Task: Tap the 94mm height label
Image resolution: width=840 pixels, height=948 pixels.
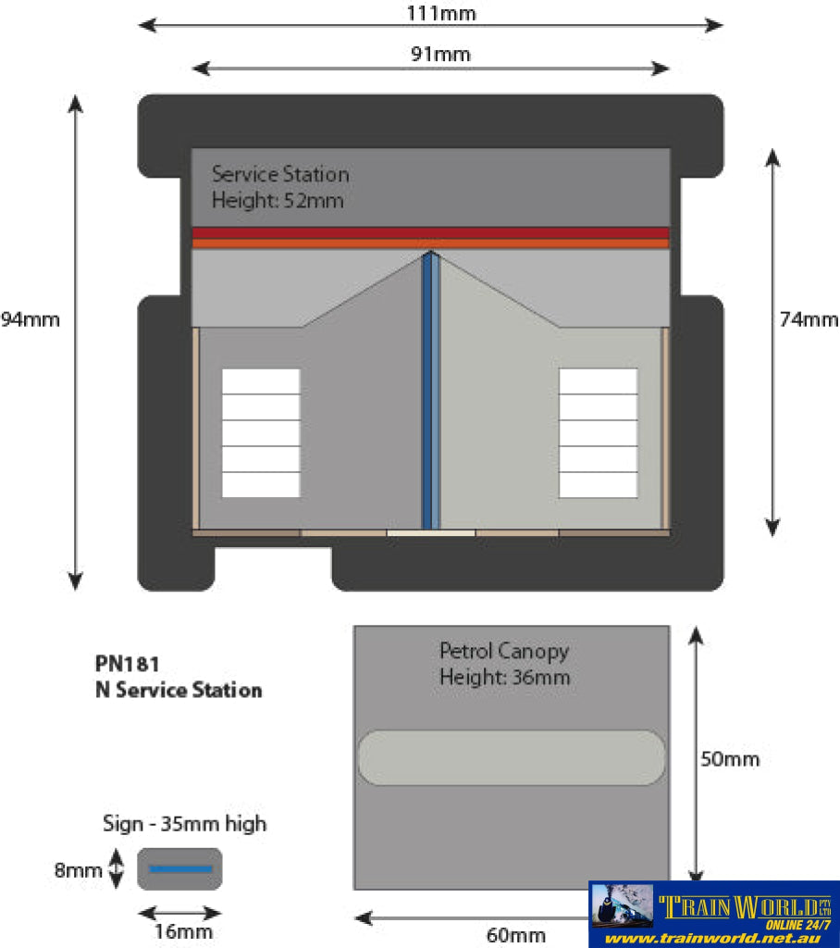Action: click(30, 320)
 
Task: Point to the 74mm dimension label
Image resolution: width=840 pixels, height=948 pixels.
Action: click(809, 320)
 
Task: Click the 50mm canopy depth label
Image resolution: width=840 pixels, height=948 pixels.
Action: click(730, 759)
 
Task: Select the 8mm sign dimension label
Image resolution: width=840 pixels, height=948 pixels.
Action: click(78, 869)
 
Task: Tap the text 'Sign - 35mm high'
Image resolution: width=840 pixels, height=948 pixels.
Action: click(185, 823)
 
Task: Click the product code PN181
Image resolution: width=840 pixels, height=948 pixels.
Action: click(128, 664)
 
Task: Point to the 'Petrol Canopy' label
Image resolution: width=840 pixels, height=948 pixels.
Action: click(504, 651)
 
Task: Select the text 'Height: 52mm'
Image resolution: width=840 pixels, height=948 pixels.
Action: click(278, 200)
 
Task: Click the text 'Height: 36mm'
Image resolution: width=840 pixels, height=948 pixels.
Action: click(504, 678)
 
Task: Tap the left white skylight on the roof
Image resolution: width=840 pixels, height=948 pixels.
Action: click(261, 432)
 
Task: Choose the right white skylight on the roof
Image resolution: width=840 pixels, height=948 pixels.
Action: click(598, 432)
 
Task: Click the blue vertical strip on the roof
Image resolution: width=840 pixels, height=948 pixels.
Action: click(429, 389)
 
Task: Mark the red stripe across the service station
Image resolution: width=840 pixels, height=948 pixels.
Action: click(430, 233)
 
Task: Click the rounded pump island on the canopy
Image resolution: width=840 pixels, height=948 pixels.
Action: click(511, 757)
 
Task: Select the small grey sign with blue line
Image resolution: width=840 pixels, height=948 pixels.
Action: click(180, 868)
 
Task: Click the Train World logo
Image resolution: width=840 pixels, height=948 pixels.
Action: click(714, 913)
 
